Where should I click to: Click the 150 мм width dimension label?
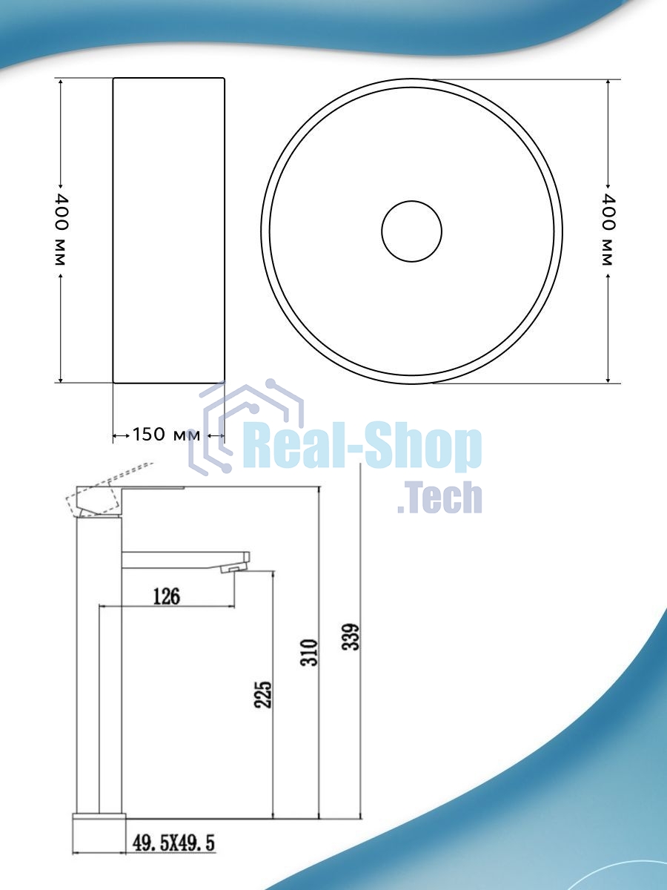point(167,435)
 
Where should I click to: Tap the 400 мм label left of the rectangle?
point(61,231)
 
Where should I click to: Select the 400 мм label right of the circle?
point(608,231)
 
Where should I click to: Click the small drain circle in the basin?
point(411,231)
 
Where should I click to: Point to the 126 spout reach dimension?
point(167,596)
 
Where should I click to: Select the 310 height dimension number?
point(309,653)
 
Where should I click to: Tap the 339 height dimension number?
point(351,637)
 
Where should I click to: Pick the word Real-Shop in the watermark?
point(362,446)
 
